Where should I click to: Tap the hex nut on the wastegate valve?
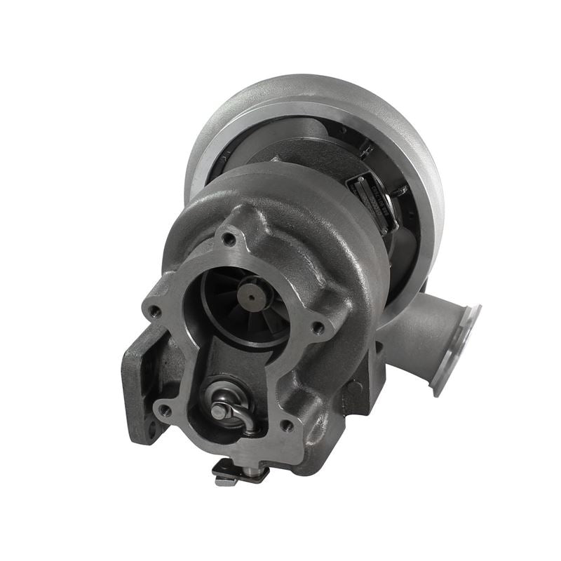click(219, 411)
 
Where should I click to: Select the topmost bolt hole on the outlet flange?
click(228, 238)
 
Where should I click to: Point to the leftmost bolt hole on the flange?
click(154, 310)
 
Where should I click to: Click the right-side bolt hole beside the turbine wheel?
click(319, 327)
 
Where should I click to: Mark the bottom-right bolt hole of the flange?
click(288, 425)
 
